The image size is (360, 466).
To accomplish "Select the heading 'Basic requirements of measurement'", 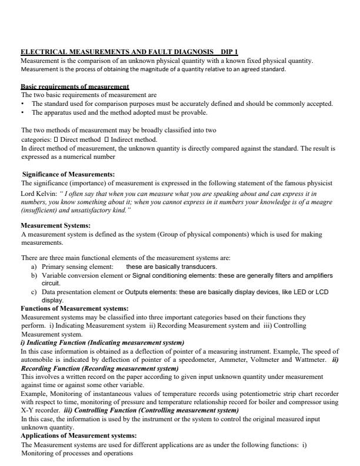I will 75,87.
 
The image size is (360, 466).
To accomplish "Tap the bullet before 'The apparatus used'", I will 22,112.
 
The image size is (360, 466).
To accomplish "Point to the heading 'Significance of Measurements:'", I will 68,174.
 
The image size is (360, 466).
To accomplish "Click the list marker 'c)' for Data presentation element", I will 34,292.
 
